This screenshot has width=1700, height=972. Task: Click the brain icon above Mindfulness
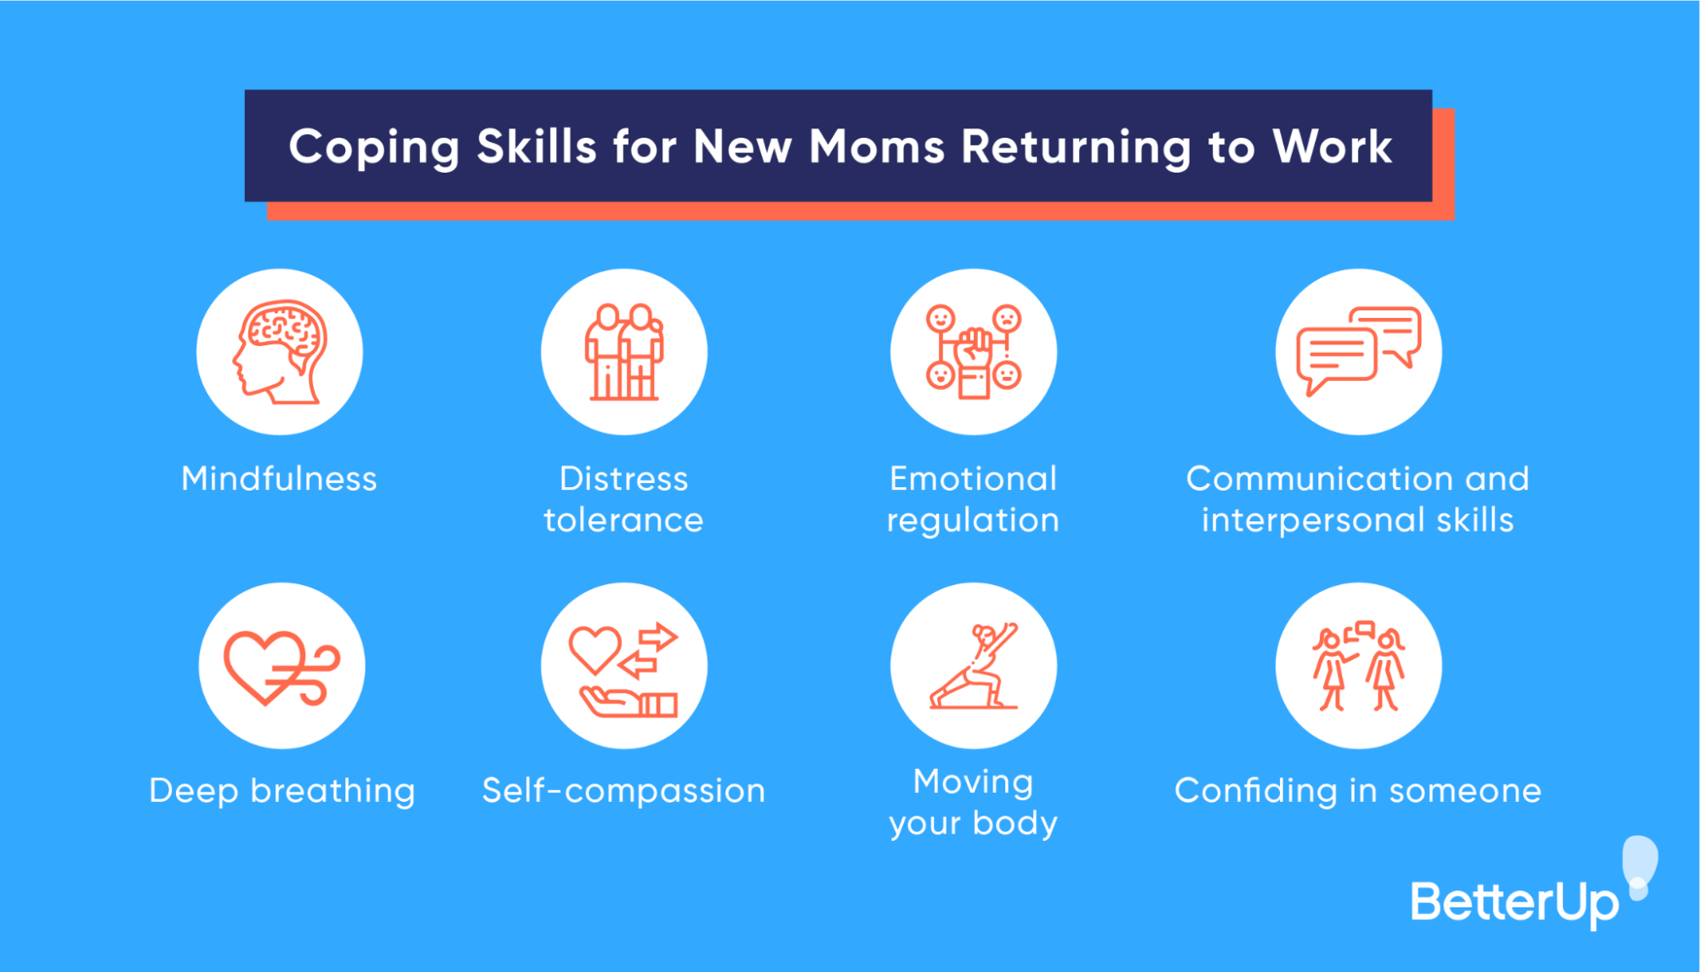tap(280, 351)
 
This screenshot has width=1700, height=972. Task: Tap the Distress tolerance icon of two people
tap(624, 352)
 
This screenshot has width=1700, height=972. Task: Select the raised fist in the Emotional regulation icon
tap(974, 349)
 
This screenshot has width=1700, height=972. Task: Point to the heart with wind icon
tap(281, 668)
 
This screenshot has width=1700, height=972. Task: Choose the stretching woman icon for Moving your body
tap(974, 667)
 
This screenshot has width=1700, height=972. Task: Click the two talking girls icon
tap(1358, 668)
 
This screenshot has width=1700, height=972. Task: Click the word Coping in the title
tap(373, 147)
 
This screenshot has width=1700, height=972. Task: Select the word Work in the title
tap(1332, 146)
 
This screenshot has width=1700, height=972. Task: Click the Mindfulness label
tap(279, 479)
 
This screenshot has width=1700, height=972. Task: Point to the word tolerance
tap(623, 520)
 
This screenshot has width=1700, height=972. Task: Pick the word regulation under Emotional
tap(973, 520)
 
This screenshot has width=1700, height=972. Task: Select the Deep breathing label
tap(281, 791)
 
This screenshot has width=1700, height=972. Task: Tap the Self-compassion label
tap(623, 791)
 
